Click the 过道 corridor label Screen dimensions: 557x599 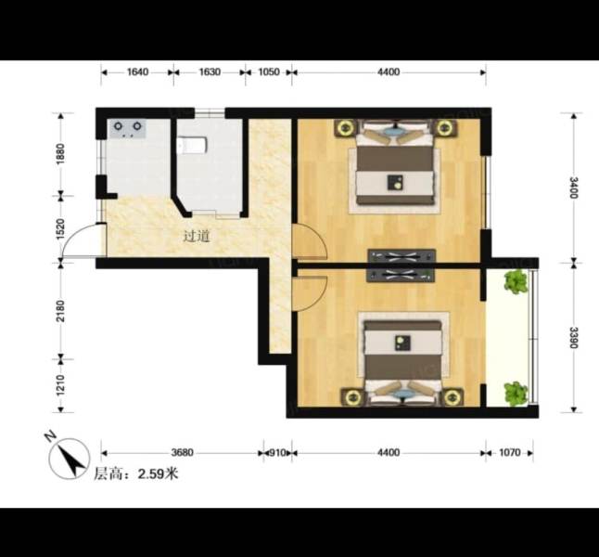click(196, 236)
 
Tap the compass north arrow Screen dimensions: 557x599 click(68, 458)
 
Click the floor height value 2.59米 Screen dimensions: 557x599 click(158, 473)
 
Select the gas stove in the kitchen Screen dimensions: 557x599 click(128, 128)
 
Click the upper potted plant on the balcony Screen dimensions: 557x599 click(515, 281)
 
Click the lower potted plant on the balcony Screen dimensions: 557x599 click(515, 394)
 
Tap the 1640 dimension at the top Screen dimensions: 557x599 click(137, 71)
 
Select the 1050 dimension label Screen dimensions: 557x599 click(269, 71)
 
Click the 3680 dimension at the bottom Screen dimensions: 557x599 click(182, 453)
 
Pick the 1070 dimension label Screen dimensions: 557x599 click(509, 453)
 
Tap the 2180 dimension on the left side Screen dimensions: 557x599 click(61, 308)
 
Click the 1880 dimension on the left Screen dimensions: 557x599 click(61, 153)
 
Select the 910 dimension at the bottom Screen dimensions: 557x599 click(276, 453)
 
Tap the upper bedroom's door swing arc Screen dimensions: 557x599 click(309, 243)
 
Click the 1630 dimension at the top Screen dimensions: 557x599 click(210, 71)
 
